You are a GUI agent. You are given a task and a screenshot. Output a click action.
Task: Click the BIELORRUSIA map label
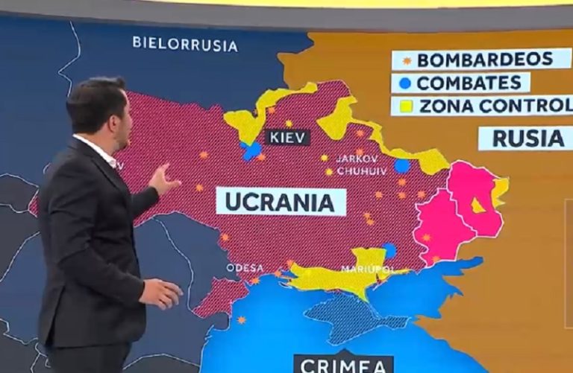pyautogui.click(x=185, y=44)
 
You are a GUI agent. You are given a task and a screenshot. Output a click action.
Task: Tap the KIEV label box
pyautogui.click(x=287, y=138)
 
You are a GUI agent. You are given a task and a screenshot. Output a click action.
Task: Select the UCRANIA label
pyautogui.click(x=281, y=202)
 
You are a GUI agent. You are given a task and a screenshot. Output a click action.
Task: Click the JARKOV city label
pyautogui.click(x=357, y=159)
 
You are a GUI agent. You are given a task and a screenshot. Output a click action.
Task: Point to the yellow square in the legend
pyautogui.click(x=406, y=106)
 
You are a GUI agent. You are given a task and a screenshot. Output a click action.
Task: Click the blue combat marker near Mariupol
pyautogui.click(x=389, y=250)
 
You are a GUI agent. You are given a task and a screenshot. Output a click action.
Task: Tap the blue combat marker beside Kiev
pyautogui.click(x=251, y=151)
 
